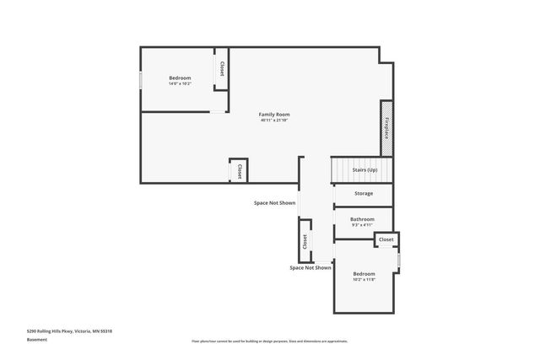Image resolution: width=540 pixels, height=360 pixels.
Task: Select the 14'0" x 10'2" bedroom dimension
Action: click(x=180, y=83)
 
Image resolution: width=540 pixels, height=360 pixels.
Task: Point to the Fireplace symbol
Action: click(x=386, y=129)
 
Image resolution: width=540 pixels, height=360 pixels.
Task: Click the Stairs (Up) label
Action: click(x=364, y=169)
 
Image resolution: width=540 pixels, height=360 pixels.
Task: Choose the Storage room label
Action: click(x=364, y=194)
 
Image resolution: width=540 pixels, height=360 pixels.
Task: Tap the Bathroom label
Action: click(x=362, y=219)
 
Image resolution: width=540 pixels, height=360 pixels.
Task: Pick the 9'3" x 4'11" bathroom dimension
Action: click(x=362, y=225)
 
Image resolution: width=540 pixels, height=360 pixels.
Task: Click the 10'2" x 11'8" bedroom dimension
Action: click(x=364, y=280)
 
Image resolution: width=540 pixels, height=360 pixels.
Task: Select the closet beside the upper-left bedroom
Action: click(x=222, y=69)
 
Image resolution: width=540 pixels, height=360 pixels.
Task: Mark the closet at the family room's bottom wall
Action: click(x=239, y=171)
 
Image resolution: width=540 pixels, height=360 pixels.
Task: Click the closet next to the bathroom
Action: click(x=386, y=239)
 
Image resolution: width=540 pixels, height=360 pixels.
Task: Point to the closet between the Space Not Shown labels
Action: click(x=304, y=240)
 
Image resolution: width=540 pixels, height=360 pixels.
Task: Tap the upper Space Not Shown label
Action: click(x=275, y=202)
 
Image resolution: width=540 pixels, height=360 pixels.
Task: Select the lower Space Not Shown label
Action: click(x=310, y=267)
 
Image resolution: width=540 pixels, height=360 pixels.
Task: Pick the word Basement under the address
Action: click(x=37, y=340)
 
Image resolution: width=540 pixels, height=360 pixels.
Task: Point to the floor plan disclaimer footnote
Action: click(x=270, y=341)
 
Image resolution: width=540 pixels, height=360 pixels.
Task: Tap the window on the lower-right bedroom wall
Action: click(x=399, y=258)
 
